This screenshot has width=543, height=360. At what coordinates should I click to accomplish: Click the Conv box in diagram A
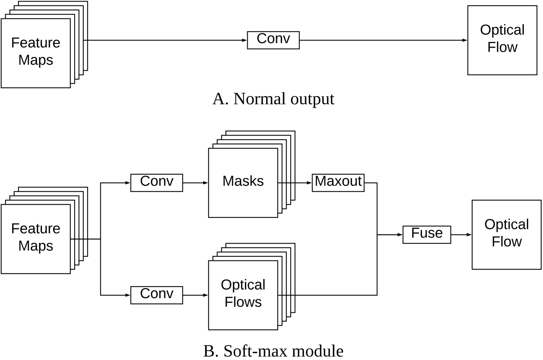pos(273,40)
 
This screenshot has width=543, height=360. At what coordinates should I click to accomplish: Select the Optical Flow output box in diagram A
pos(502,40)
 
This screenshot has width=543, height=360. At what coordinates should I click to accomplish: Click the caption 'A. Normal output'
pos(273,99)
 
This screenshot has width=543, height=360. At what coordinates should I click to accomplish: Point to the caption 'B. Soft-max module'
pos(273,351)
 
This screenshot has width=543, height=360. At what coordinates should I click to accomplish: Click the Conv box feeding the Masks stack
pos(156,182)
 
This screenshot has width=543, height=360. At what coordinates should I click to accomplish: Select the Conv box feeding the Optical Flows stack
pos(156,295)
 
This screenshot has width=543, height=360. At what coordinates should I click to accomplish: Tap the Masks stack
pos(243,182)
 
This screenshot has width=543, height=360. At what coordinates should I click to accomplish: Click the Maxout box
pos(338,182)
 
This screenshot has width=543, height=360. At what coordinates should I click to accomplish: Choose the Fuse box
pos(427,234)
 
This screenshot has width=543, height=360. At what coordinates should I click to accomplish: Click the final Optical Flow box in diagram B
pos(506,234)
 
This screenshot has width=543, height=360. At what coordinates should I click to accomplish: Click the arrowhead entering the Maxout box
pos(309,183)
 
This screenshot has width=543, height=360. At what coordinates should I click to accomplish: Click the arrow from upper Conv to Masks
pos(195,183)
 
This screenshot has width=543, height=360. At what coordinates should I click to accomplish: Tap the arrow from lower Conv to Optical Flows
pos(195,295)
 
